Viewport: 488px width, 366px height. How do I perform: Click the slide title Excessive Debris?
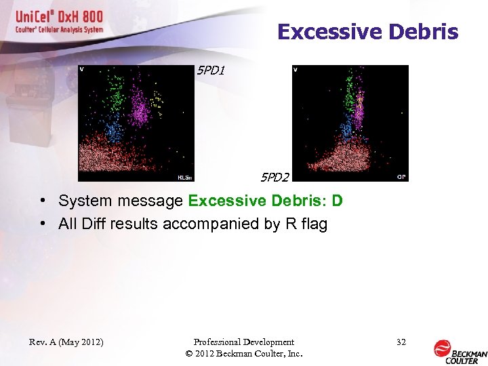pyautogui.click(x=367, y=32)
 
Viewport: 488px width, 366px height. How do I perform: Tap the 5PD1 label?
pyautogui.click(x=209, y=70)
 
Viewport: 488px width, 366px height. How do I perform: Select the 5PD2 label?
pyautogui.click(x=275, y=178)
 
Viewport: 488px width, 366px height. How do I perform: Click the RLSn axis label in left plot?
pyautogui.click(x=184, y=178)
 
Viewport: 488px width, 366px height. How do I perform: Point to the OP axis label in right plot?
pyautogui.click(x=401, y=177)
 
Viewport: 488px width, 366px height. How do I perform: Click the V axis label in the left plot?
pyautogui.click(x=82, y=69)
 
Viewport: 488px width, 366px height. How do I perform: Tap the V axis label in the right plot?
pyautogui.click(x=296, y=69)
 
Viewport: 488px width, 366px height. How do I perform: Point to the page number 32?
pyautogui.click(x=401, y=342)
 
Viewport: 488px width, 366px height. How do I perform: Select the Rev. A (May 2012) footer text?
pyautogui.click(x=66, y=342)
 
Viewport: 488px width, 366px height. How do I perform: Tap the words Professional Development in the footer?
pyautogui.click(x=243, y=342)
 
